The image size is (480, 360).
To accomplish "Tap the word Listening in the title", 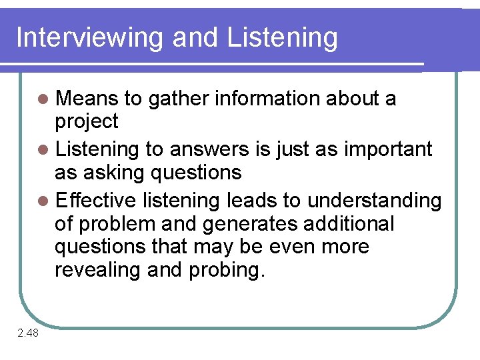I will [282, 38].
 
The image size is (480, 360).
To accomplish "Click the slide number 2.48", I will [28, 333].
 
